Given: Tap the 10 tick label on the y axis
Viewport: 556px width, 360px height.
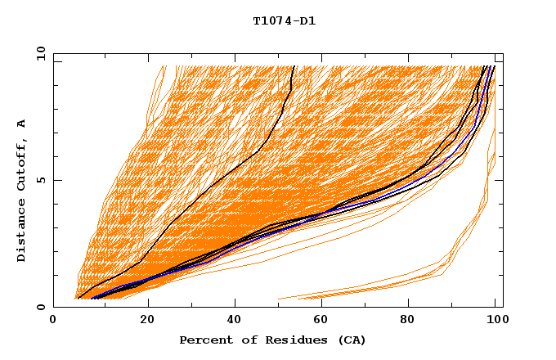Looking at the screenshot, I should click(x=38, y=53).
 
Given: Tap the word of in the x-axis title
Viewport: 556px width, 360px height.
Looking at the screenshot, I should click(x=237, y=340).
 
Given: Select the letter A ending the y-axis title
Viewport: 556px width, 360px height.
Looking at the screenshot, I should click(x=22, y=124).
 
